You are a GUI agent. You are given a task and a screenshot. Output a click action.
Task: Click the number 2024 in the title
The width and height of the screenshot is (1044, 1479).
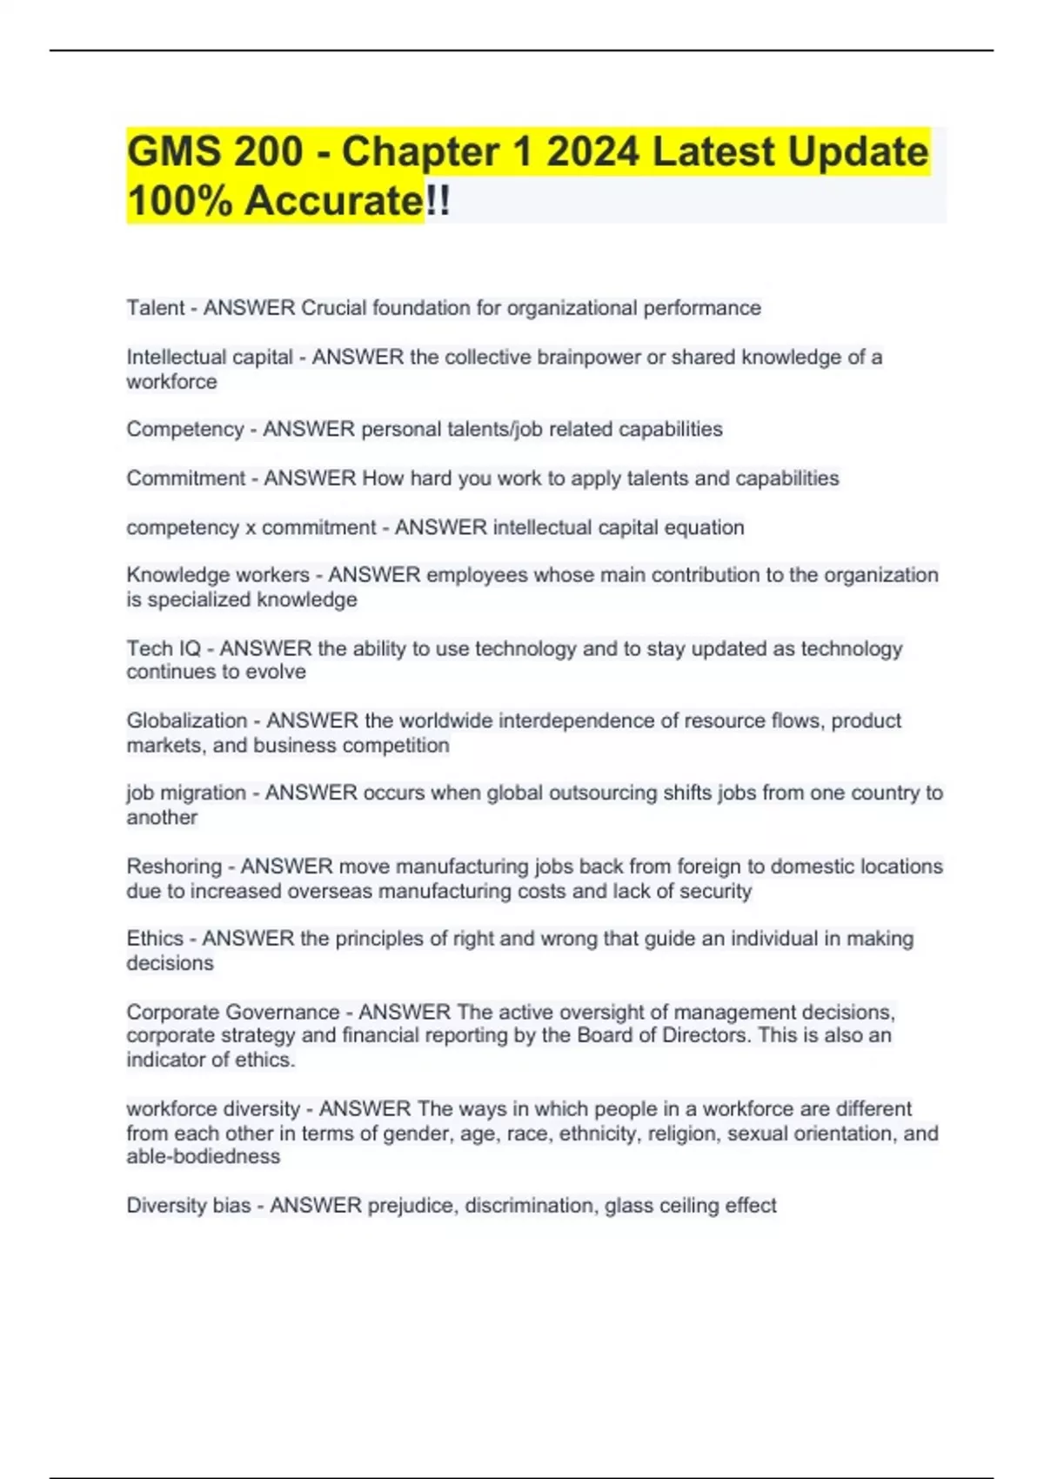(592, 151)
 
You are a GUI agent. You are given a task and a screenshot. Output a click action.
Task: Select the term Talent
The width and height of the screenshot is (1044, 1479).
(156, 308)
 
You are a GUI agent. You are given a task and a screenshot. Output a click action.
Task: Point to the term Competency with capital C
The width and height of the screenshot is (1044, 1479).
(184, 429)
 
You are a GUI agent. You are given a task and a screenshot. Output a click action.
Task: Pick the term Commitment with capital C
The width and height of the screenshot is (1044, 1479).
(186, 478)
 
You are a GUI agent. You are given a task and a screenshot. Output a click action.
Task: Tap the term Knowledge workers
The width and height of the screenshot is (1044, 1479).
(217, 575)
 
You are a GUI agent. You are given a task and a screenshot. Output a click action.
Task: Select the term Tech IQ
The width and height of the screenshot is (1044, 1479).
(164, 648)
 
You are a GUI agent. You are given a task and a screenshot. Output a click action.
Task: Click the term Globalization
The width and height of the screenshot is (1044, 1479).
(187, 720)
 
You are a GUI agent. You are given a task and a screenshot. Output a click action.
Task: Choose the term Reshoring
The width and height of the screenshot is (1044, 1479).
(174, 867)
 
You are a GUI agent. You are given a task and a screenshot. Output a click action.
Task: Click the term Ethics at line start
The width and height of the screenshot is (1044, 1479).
(155, 939)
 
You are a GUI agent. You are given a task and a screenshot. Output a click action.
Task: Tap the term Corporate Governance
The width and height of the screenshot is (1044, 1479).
(233, 1012)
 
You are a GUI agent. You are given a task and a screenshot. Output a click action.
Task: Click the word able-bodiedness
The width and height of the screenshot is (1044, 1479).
(204, 1156)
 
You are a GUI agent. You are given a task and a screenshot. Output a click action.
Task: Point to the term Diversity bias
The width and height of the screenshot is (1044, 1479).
(189, 1206)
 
